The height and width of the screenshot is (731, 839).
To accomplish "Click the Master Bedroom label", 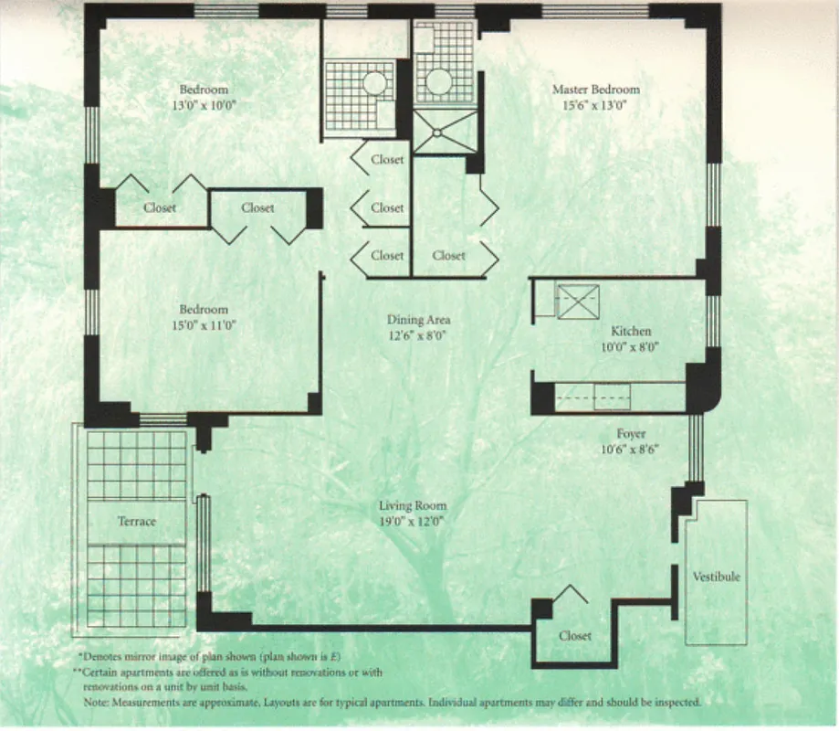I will pyautogui.click(x=595, y=90).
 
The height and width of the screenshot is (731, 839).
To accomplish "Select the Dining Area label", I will pyautogui.click(x=418, y=320).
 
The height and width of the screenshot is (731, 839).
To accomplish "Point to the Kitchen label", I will pyautogui.click(x=631, y=331).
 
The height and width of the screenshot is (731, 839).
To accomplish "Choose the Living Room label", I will pyautogui.click(x=413, y=506).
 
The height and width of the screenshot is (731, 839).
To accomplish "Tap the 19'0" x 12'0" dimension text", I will pyautogui.click(x=413, y=522).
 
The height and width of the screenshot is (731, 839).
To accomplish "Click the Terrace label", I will pyautogui.click(x=136, y=522).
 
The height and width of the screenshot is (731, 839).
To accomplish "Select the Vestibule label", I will pyautogui.click(x=717, y=577).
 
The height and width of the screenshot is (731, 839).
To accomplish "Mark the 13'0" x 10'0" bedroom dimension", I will pyautogui.click(x=204, y=105).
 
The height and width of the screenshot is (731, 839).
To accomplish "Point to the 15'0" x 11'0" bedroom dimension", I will pyautogui.click(x=204, y=324).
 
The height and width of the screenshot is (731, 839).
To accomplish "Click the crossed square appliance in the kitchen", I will pyautogui.click(x=577, y=302).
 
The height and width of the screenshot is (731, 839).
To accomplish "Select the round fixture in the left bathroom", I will pyautogui.click(x=375, y=83).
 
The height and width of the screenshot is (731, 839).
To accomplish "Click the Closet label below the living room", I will pyautogui.click(x=575, y=636).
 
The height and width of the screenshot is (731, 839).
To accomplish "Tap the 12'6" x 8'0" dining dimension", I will pyautogui.click(x=418, y=335).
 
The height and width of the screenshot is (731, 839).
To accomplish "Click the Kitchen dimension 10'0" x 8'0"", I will pyautogui.click(x=631, y=346).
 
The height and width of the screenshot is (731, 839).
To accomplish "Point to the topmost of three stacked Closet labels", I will pyautogui.click(x=387, y=160).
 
